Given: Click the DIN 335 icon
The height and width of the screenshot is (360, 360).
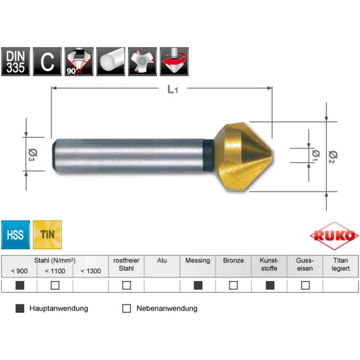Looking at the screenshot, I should (15, 62).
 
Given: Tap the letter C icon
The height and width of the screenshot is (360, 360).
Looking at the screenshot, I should (47, 62).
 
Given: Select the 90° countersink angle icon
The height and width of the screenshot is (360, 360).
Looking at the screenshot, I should (79, 62).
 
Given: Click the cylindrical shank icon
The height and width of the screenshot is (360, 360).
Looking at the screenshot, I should (111, 62).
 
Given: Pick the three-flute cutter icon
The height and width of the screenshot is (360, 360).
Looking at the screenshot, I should (142, 62).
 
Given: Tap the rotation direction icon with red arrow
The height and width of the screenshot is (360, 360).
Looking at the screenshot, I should (174, 62).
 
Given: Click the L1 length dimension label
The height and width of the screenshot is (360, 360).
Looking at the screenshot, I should (173, 90).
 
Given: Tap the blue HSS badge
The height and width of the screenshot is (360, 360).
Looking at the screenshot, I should (15, 235).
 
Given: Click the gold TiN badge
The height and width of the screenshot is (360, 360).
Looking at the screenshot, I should (47, 235).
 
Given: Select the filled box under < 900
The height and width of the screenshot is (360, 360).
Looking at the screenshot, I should (20, 285).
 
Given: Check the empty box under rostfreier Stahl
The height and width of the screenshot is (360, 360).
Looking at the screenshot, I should (126, 285).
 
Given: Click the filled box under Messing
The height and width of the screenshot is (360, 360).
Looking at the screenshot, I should (198, 285).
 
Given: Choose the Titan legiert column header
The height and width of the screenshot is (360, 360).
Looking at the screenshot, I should (341, 265).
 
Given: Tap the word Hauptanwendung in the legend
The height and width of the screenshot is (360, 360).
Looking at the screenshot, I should (58, 309).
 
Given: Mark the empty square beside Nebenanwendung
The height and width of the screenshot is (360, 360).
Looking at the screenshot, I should (126, 309).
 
